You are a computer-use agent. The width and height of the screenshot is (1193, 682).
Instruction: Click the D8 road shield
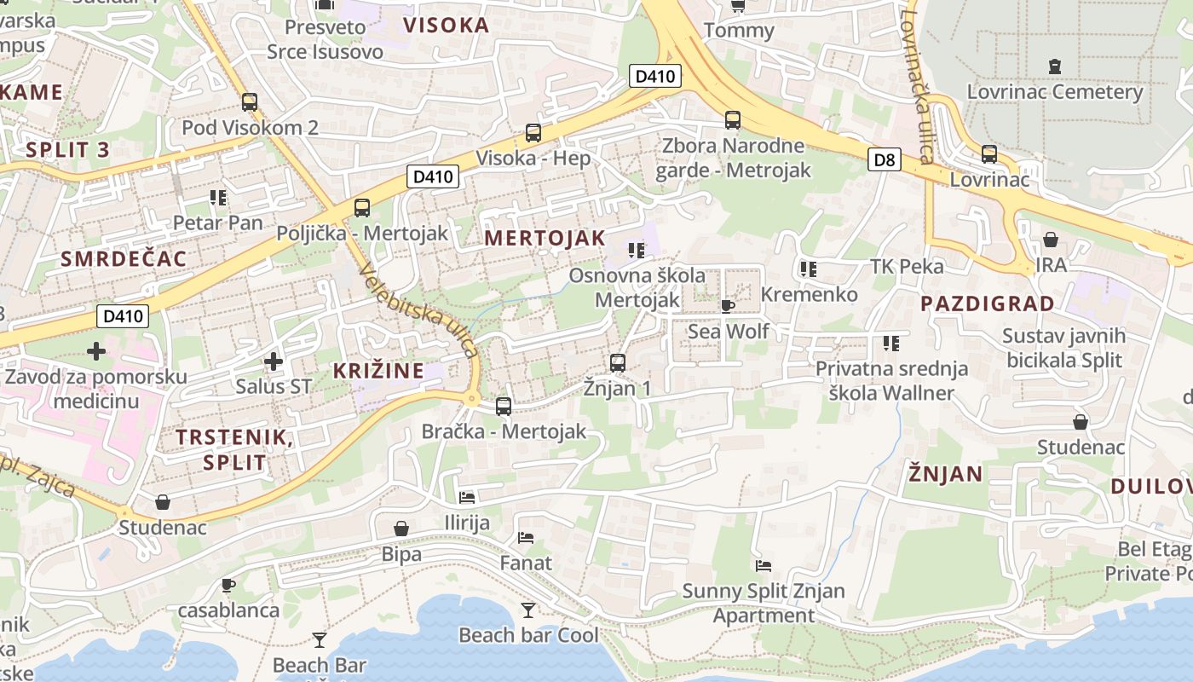[x=885, y=159]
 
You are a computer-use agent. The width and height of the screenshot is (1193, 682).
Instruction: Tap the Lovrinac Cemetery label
[x=1054, y=92]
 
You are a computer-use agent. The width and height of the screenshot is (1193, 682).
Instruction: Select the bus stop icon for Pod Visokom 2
[x=250, y=102]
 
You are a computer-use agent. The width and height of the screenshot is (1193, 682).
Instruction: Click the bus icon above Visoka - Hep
[x=533, y=133]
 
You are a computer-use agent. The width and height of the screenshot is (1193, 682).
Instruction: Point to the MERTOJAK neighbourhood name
[x=545, y=239]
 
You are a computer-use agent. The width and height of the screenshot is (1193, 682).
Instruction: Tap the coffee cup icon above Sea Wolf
[x=727, y=306]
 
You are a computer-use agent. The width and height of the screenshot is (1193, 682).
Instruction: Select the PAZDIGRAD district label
[x=987, y=303]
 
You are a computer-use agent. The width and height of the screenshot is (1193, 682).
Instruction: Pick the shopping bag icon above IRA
[x=1051, y=240]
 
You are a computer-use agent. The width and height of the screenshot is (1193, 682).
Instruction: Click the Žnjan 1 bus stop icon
[x=618, y=363]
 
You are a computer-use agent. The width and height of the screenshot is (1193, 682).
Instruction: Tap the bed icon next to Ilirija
[x=467, y=497]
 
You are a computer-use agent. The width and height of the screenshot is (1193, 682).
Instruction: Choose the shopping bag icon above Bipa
[x=401, y=529]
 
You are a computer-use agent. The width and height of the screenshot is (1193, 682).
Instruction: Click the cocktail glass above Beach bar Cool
[x=528, y=610]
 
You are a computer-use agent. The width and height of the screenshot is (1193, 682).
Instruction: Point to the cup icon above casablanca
[x=228, y=585]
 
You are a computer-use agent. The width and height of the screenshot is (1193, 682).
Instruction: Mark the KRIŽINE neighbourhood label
[x=377, y=371]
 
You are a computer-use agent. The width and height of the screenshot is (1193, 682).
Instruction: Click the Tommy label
[x=739, y=32]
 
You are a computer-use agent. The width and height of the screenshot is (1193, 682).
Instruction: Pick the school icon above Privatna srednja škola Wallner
[x=891, y=344]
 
